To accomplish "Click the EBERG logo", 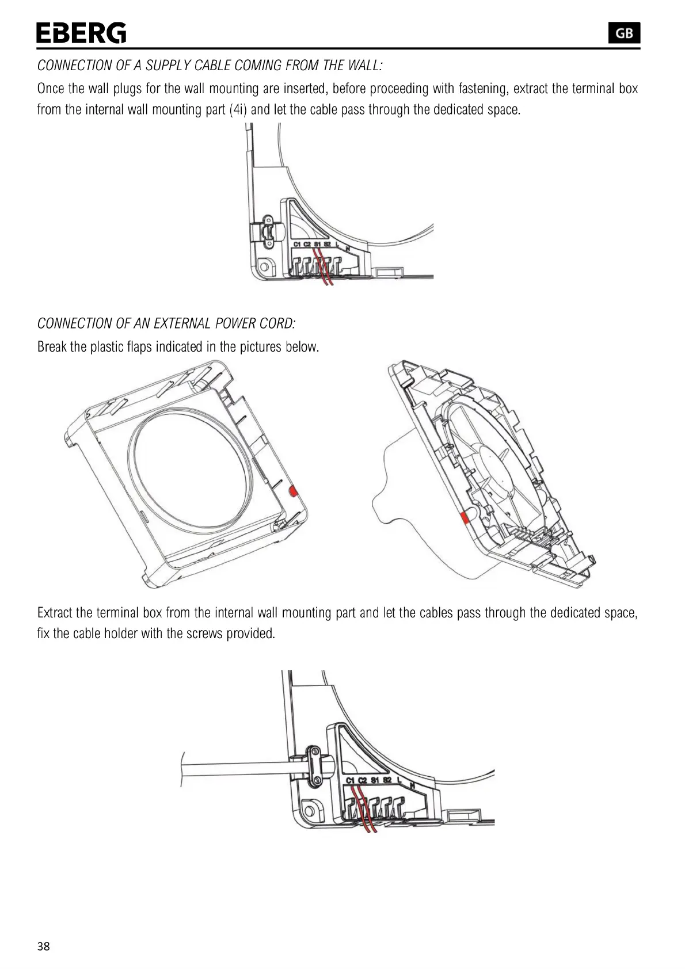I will point(81,33).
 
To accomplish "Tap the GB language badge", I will point(624,33).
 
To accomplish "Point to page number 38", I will point(44,947).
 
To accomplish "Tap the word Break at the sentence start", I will point(52,347).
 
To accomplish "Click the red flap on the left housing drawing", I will point(292,491).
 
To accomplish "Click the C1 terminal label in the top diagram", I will point(297,245).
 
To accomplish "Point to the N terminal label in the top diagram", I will point(347,249).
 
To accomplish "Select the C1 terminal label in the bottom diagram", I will point(351,780).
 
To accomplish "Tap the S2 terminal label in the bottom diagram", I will point(387,780).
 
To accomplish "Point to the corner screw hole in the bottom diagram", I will point(310,813).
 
